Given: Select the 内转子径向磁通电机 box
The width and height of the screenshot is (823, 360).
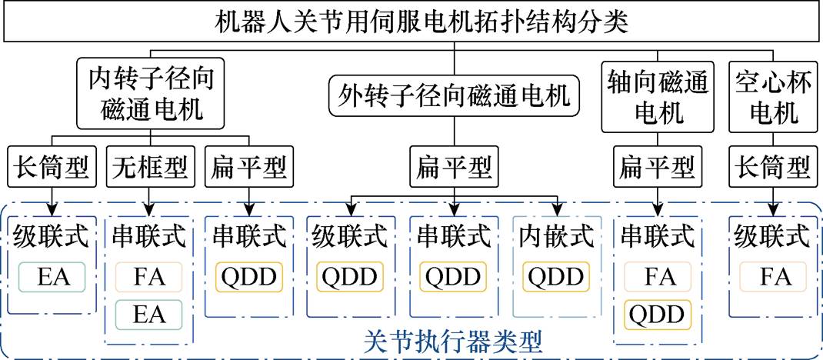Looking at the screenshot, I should tap(152, 94).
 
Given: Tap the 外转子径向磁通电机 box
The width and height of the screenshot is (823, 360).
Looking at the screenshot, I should tap(454, 96).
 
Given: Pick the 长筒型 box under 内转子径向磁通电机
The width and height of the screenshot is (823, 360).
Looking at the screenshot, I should tap(52, 165).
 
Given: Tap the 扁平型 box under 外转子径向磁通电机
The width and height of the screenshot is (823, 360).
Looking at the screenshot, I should tap(454, 165).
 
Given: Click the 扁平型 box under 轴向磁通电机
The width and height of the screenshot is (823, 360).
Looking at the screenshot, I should tap(657, 165).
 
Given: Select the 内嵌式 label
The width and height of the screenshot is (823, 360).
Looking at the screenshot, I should tap(556, 237).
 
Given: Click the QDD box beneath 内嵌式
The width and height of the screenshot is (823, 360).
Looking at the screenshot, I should tap(556, 276).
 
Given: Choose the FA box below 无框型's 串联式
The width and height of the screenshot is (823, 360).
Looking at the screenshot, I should tap(149, 276).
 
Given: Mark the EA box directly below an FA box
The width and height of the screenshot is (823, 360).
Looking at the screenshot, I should tap(149, 315).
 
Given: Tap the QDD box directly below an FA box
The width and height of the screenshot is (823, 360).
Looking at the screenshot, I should tap(657, 315).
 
